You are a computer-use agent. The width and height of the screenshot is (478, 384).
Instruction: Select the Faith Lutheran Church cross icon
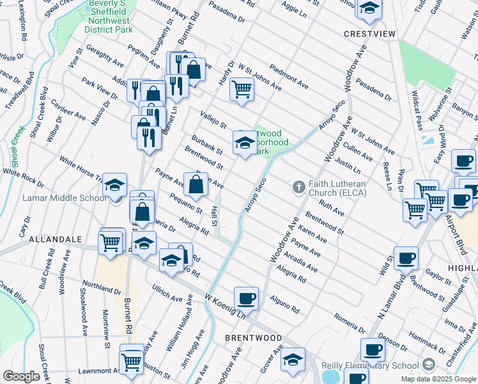click(x=298, y=187)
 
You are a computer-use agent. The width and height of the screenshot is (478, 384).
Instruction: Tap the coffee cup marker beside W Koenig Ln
click(x=246, y=298)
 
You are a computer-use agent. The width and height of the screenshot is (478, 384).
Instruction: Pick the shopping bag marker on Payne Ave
click(x=196, y=184)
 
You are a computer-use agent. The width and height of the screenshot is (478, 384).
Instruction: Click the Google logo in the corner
click(x=22, y=376)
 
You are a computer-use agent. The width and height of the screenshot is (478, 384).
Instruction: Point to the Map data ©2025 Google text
click(x=438, y=379)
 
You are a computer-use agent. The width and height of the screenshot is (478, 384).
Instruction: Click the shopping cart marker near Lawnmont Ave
click(x=131, y=361)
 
